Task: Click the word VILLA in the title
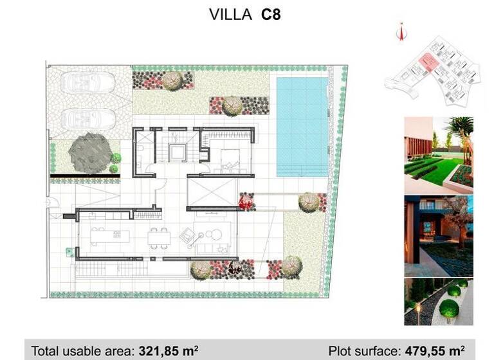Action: pos(231,15)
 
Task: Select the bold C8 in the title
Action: pos(270,15)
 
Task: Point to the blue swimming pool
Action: pos(302,127)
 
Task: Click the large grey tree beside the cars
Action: pos(86,152)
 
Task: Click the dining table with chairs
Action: pos(158,239)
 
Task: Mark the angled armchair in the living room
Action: pos(187,237)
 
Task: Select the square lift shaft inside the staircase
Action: pos(176,153)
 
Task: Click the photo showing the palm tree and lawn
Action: pos(438,154)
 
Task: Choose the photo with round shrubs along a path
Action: pos(438,301)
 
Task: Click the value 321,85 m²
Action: pos(169,351)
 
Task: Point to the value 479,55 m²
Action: pos(434,351)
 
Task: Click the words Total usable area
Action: pos(83,351)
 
